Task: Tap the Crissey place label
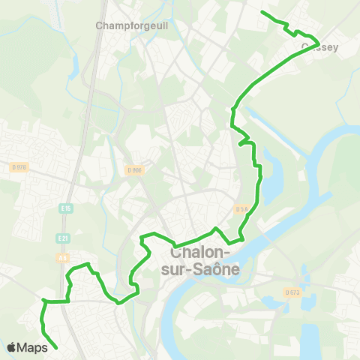click(x=320, y=47)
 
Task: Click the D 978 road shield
click(x=19, y=166)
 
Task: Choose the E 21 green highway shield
click(x=63, y=238)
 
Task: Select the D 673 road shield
click(x=292, y=292)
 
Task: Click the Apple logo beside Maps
click(x=11, y=347)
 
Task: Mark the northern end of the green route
click(x=261, y=12)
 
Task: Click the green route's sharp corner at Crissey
click(x=319, y=42)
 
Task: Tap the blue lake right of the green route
click(x=270, y=180)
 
